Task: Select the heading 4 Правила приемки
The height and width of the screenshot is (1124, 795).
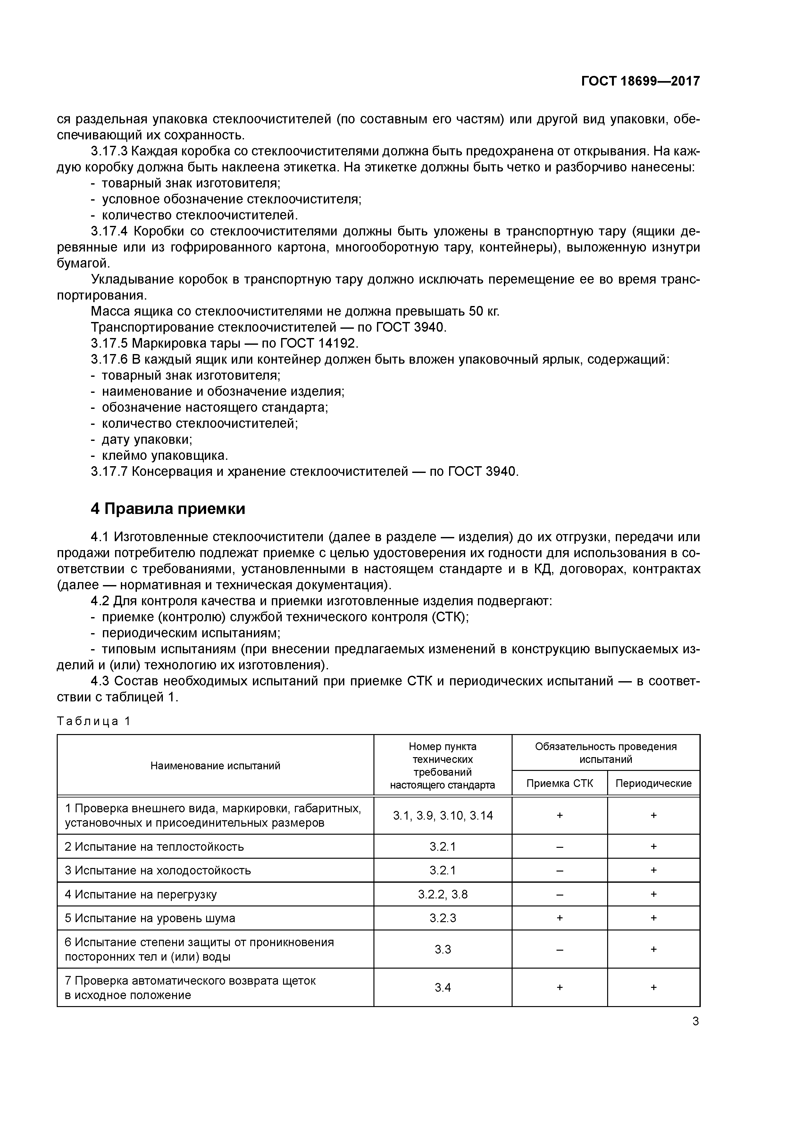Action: point(168,509)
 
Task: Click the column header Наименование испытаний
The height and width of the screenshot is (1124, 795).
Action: point(215,766)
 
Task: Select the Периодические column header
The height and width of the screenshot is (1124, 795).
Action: point(653,783)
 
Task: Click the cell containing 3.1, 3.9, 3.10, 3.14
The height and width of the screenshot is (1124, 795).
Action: point(443,815)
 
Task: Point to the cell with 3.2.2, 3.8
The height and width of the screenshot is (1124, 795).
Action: point(443,894)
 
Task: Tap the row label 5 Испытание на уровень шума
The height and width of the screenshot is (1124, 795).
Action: point(150,918)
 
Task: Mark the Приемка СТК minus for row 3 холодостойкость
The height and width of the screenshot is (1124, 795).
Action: point(560,871)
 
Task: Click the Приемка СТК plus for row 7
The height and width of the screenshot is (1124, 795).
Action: point(560,988)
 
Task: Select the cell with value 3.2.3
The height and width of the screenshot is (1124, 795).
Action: point(443,918)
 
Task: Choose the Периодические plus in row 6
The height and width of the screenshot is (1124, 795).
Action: point(653,949)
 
